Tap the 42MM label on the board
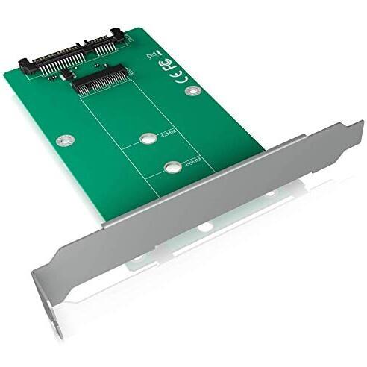pyautogui.click(x=163, y=137)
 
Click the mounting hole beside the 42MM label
pyautogui.click(x=145, y=139)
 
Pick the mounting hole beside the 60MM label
pyautogui.click(x=172, y=166)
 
